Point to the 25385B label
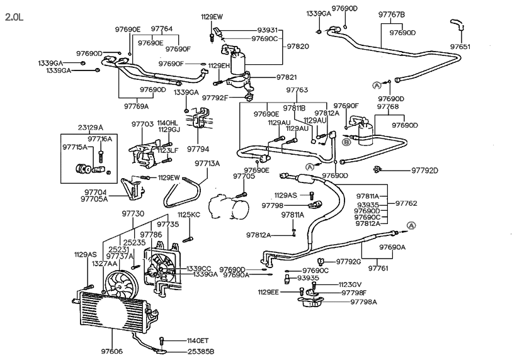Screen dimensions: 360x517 (x=200, y=351)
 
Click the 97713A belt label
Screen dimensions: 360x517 (x=207, y=164)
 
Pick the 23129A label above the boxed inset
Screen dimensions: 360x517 (x=90, y=127)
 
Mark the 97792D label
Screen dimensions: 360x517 (x=424, y=170)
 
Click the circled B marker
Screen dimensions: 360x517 (x=346, y=142)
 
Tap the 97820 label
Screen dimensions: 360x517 (x=297, y=47)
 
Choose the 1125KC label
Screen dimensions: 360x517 (x=188, y=215)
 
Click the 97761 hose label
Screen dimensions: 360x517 (x=379, y=268)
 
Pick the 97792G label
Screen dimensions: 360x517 (x=348, y=261)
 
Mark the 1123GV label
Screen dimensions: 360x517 (x=351, y=284)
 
